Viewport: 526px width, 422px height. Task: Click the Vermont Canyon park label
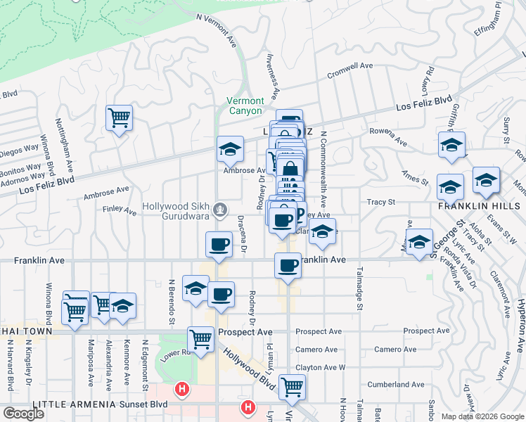[x=245, y=105]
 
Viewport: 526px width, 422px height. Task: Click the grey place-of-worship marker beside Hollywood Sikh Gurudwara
[x=221, y=208]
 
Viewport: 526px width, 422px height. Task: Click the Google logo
[x=23, y=414]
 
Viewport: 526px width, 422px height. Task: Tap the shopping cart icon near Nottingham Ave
[x=119, y=117]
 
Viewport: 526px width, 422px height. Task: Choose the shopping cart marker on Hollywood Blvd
[x=292, y=385]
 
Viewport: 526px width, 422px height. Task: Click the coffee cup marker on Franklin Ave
[x=288, y=265]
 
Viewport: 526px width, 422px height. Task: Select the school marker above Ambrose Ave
[x=230, y=148]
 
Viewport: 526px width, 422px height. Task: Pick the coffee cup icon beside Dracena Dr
[x=219, y=244]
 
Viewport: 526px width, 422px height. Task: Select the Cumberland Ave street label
[x=399, y=385]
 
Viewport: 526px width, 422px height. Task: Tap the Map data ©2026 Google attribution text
[x=482, y=416]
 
